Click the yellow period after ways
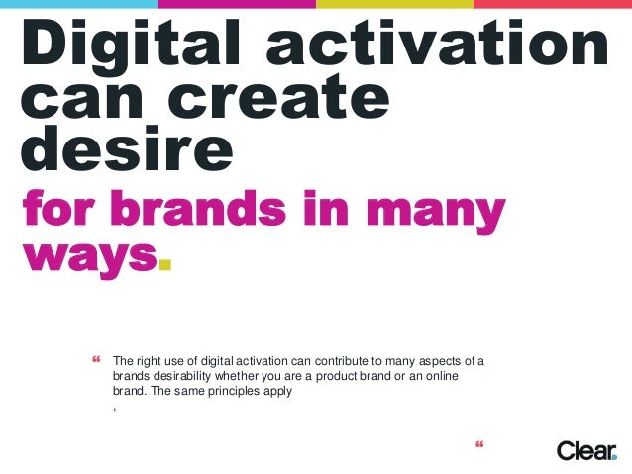(x=165, y=265)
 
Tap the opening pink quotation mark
(x=97, y=358)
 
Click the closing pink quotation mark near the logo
(x=480, y=450)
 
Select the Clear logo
(x=586, y=450)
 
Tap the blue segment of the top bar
(x=78, y=3)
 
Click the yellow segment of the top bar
(x=394, y=3)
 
